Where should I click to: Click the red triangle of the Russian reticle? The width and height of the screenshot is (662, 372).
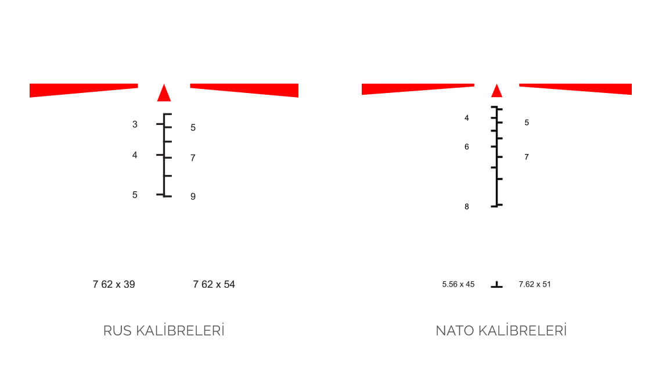click(164, 94)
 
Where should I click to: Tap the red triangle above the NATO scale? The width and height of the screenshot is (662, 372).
click(496, 91)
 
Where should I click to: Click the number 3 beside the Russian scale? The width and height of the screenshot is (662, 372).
click(135, 124)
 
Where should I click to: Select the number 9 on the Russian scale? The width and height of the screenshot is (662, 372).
click(193, 196)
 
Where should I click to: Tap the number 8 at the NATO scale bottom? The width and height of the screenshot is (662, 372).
click(466, 207)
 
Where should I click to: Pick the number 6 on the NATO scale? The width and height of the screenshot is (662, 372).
click(466, 146)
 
